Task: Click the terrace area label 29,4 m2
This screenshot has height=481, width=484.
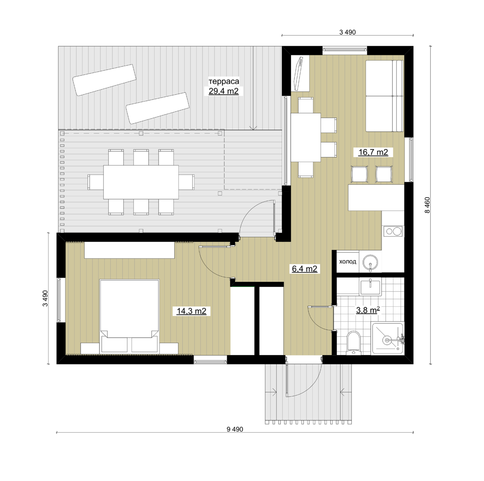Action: point(224,91)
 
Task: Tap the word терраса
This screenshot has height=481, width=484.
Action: point(224,81)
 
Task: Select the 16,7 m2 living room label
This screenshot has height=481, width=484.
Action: point(373,152)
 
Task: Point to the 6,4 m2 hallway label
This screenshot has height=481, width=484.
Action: point(304,268)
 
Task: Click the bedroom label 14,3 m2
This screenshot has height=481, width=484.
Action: point(191,311)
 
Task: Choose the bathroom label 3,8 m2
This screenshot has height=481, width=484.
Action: point(368,310)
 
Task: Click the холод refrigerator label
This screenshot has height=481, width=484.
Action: point(348,262)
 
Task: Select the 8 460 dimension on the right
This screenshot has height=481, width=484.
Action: point(427,205)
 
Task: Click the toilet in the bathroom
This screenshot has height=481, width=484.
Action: point(353,343)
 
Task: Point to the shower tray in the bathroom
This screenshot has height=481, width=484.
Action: point(388,339)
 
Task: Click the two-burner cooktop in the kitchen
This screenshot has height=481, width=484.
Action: point(393,231)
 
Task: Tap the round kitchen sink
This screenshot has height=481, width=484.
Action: point(370,262)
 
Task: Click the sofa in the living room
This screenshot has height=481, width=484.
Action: point(384,96)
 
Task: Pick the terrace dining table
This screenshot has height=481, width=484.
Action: point(141,182)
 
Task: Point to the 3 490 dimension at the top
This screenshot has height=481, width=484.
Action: point(348,32)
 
